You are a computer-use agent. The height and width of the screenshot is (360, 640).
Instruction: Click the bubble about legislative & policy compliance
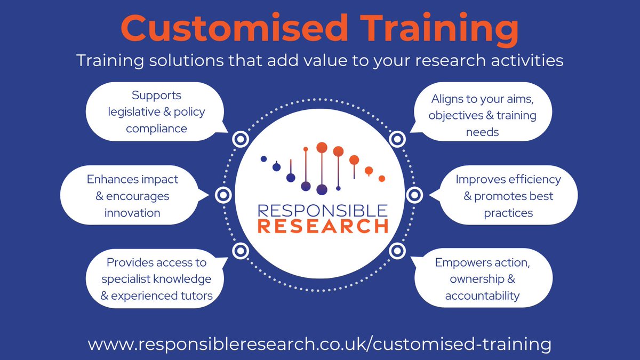click(x=156, y=112)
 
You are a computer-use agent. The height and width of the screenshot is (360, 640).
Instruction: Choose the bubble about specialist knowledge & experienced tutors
click(x=156, y=279)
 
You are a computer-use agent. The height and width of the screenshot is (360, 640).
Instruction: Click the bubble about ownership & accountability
click(x=482, y=279)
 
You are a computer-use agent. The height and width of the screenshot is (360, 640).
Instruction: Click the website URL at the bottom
click(x=319, y=343)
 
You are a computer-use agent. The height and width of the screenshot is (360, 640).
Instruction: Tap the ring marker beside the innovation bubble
click(x=222, y=196)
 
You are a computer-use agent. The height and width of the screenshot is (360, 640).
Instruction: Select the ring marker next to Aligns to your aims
click(x=397, y=140)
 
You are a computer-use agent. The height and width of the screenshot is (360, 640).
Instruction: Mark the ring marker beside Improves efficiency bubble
click(x=414, y=196)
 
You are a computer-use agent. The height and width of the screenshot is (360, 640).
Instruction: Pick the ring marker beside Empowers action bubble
click(x=397, y=251)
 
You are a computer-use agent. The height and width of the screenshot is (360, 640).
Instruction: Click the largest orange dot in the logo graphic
click(x=322, y=147)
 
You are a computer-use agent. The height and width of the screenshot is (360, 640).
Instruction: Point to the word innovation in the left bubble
click(x=132, y=213)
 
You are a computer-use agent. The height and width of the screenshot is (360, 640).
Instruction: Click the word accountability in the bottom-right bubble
click(x=482, y=295)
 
